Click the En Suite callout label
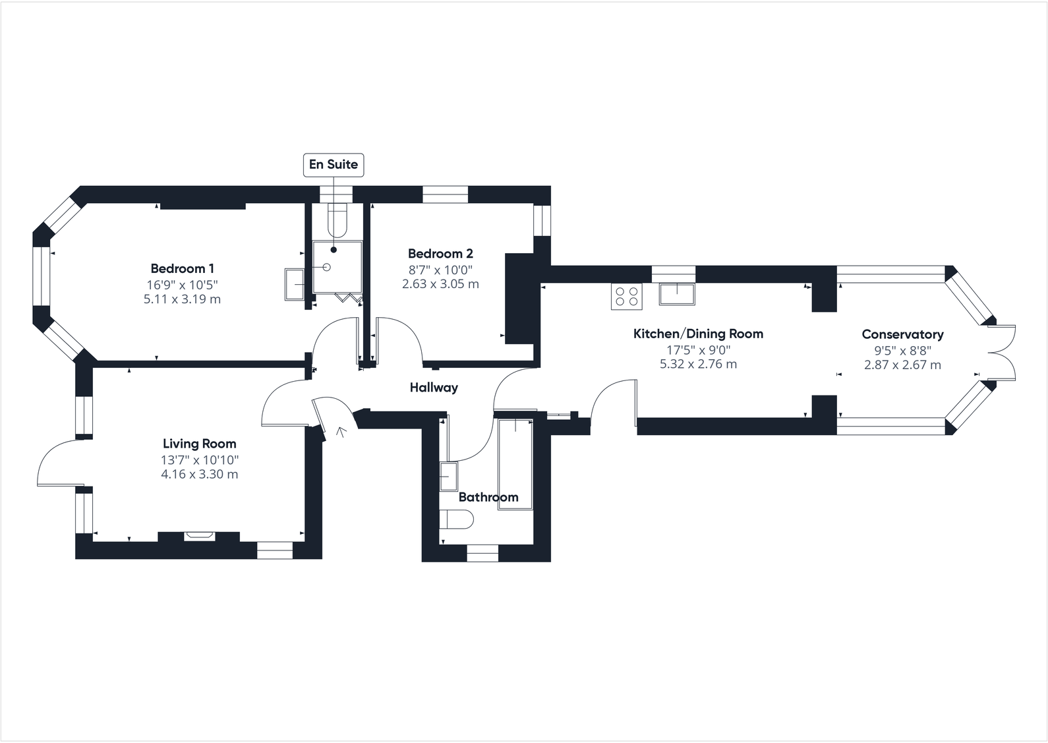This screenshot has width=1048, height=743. click(334, 164)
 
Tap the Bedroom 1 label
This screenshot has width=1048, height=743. click(182, 268)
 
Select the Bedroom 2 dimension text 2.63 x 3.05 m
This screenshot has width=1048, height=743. click(440, 284)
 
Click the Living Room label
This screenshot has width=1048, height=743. click(199, 444)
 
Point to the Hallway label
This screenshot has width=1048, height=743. click(433, 387)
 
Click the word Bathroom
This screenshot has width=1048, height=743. click(488, 497)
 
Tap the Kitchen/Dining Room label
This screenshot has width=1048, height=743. click(698, 334)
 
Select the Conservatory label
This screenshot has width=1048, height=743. click(902, 334)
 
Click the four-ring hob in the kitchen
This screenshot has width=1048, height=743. click(626, 296)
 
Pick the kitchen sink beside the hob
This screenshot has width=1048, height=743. click(677, 293)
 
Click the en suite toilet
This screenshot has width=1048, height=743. click(337, 220)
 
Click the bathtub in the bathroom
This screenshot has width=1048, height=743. click(516, 455)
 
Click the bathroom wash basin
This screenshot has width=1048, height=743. click(448, 475)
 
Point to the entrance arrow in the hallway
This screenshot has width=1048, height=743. click(341, 432)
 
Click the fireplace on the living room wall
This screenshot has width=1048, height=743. click(198, 535)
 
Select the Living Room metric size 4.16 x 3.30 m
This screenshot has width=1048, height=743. click(199, 474)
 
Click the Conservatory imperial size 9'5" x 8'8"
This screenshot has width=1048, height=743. click(902, 351)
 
